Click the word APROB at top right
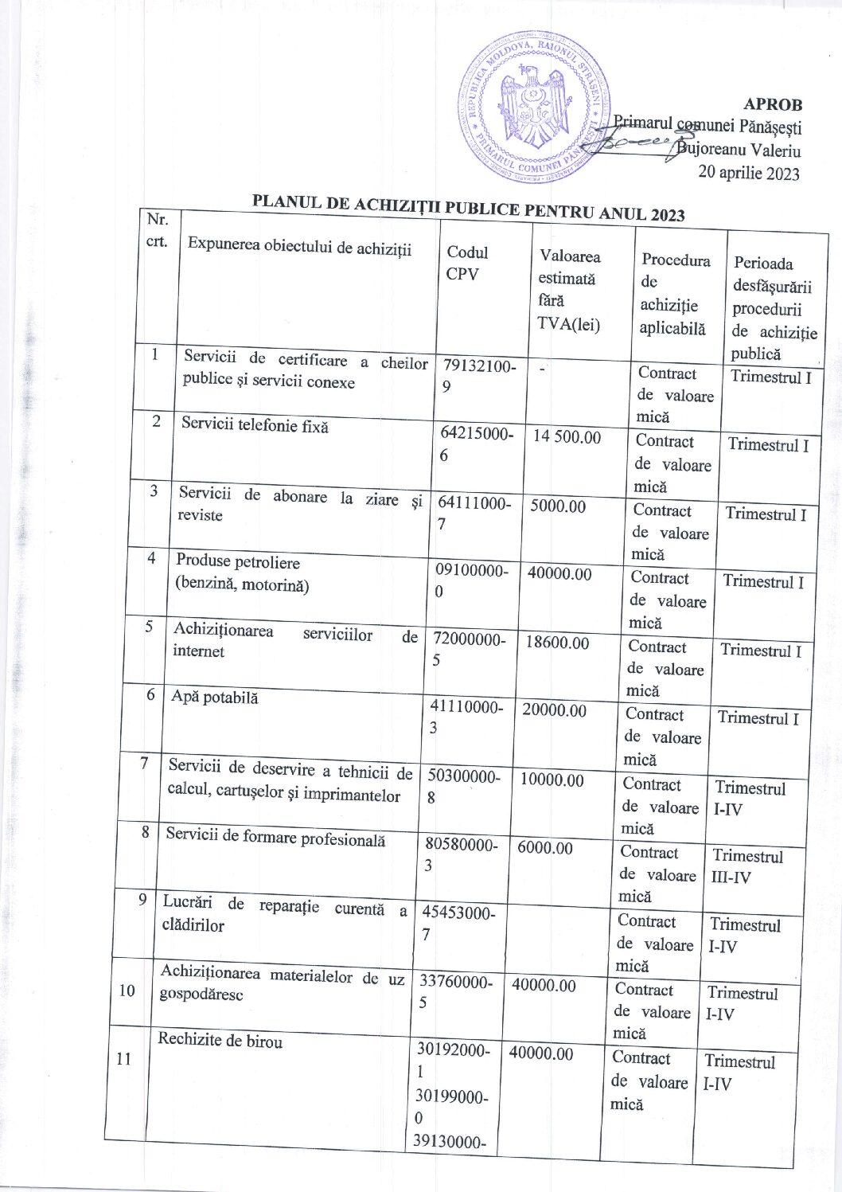(x=773, y=104)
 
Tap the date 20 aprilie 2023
(x=748, y=173)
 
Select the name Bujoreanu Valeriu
(x=739, y=150)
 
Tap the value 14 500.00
(x=567, y=436)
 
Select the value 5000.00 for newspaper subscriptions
(x=558, y=506)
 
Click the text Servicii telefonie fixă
(x=255, y=424)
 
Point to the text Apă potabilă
(x=215, y=697)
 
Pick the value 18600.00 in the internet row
(x=557, y=643)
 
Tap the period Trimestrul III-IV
(x=746, y=866)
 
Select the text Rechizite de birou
(x=220, y=1040)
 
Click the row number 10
(x=127, y=991)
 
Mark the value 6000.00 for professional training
(x=544, y=848)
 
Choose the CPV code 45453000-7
(x=458, y=923)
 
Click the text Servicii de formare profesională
(x=275, y=837)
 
